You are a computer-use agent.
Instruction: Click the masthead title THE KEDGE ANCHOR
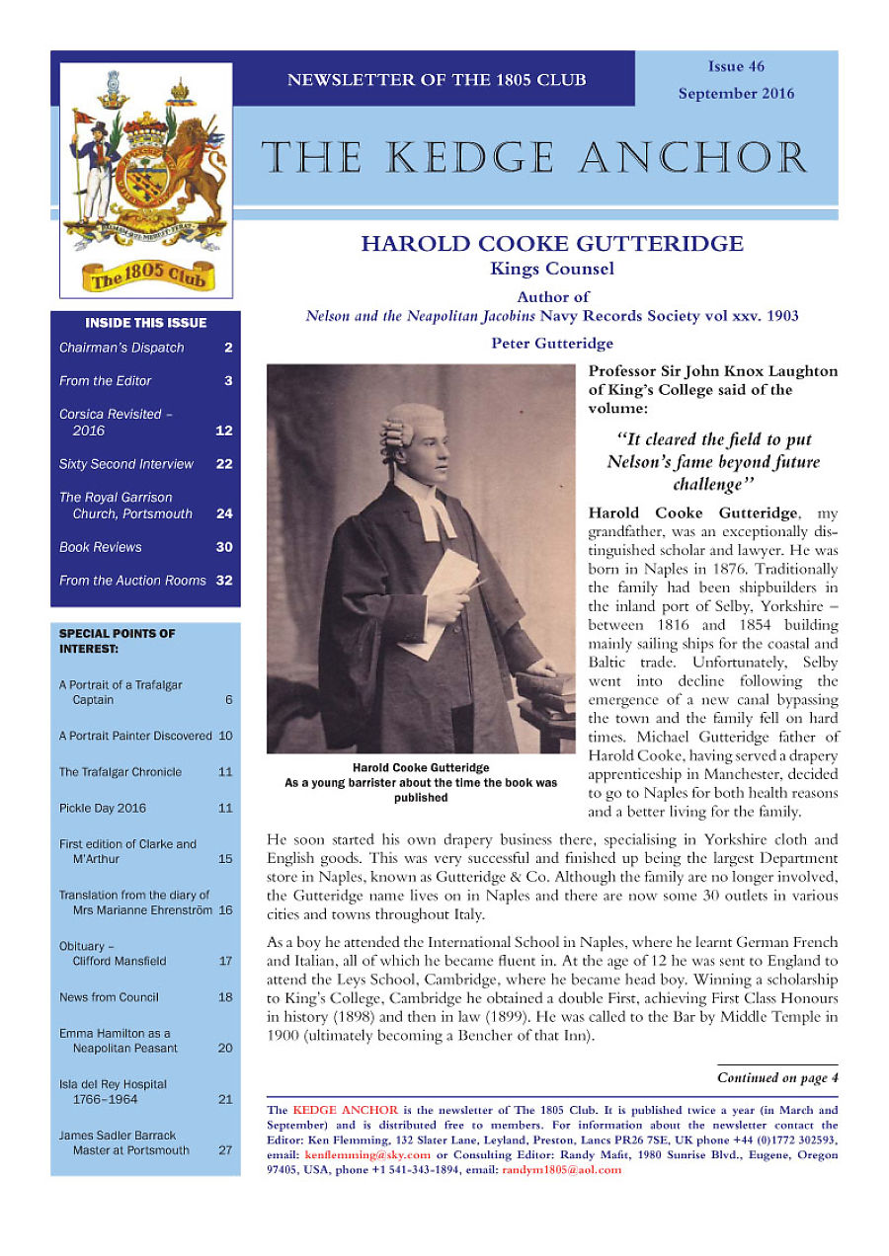(x=534, y=159)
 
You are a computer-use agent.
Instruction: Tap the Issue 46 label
(x=736, y=66)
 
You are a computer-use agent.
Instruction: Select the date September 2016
(x=736, y=94)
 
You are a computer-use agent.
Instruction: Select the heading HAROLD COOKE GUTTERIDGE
(x=552, y=244)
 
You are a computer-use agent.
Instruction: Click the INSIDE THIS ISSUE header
(x=146, y=323)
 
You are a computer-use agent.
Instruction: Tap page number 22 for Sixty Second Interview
(x=224, y=464)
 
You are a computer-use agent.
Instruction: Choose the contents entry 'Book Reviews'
(x=101, y=547)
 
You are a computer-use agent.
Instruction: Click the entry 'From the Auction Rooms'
(x=132, y=581)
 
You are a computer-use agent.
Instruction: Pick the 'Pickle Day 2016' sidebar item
(x=103, y=808)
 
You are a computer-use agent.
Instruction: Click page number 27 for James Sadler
(x=225, y=1150)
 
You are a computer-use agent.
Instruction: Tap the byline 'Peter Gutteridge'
(x=552, y=344)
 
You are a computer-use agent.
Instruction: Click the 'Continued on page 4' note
(x=777, y=1077)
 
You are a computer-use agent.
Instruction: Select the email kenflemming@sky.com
(x=367, y=1154)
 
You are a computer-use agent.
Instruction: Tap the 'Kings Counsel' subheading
(x=552, y=269)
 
